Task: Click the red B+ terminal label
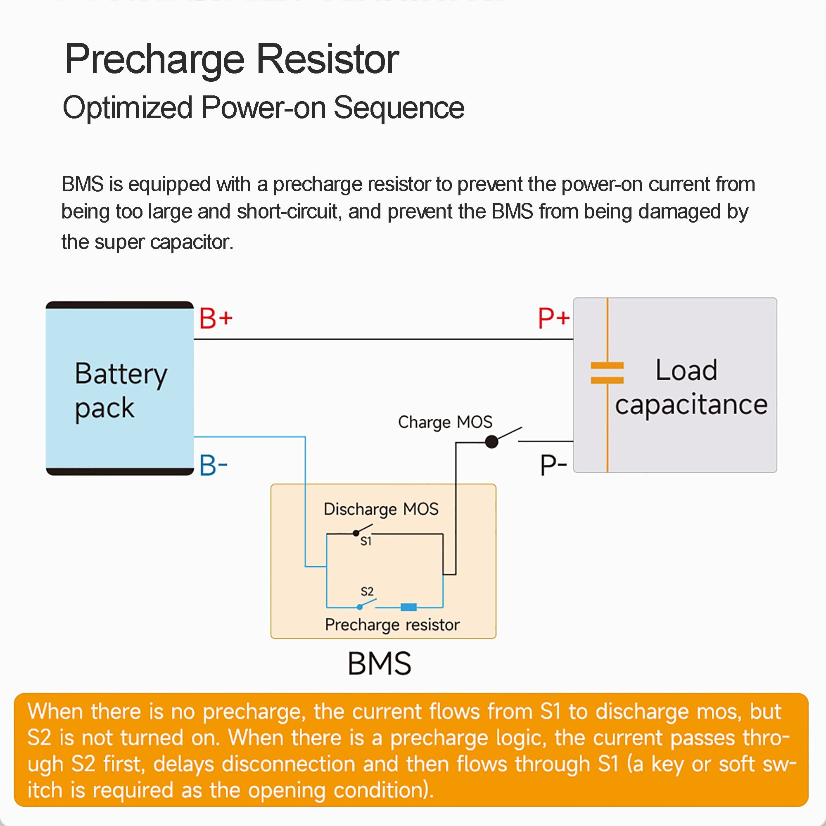pyautogui.click(x=216, y=318)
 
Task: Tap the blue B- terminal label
pyautogui.click(x=214, y=465)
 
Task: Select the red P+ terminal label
pyautogui.click(x=554, y=318)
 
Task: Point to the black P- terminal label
pyautogui.click(x=553, y=465)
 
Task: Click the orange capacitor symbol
pyautogui.click(x=607, y=373)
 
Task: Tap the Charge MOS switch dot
pyautogui.click(x=491, y=441)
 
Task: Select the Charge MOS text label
pyautogui.click(x=445, y=422)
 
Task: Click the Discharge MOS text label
pyautogui.click(x=381, y=509)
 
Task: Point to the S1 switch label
pyautogui.click(x=366, y=542)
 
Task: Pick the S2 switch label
pyautogui.click(x=367, y=591)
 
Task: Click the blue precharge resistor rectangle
pyautogui.click(x=409, y=607)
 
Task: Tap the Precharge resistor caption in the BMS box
pyautogui.click(x=392, y=625)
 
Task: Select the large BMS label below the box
pyautogui.click(x=379, y=664)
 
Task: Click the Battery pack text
pyautogui.click(x=121, y=391)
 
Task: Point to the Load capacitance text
pyautogui.click(x=691, y=387)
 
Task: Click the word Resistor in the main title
pyautogui.click(x=327, y=59)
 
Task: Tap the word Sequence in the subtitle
pyautogui.click(x=399, y=108)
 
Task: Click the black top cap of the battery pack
pyautogui.click(x=120, y=305)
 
